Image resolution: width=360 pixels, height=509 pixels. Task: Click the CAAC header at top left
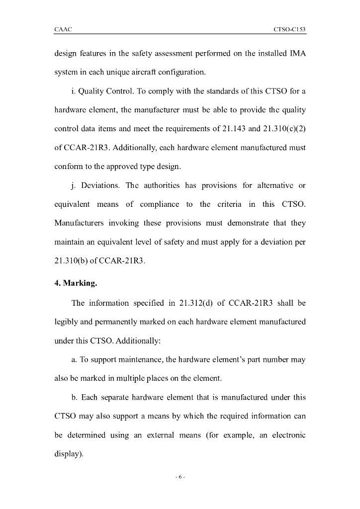[63, 30]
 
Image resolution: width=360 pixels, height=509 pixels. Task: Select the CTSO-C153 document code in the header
[289, 30]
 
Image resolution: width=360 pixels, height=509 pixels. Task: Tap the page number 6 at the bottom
[180, 477]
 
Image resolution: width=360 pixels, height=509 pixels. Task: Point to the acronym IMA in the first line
[297, 54]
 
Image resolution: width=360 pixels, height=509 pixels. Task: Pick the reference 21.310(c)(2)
[284, 129]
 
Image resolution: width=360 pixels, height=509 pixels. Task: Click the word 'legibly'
[66, 322]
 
